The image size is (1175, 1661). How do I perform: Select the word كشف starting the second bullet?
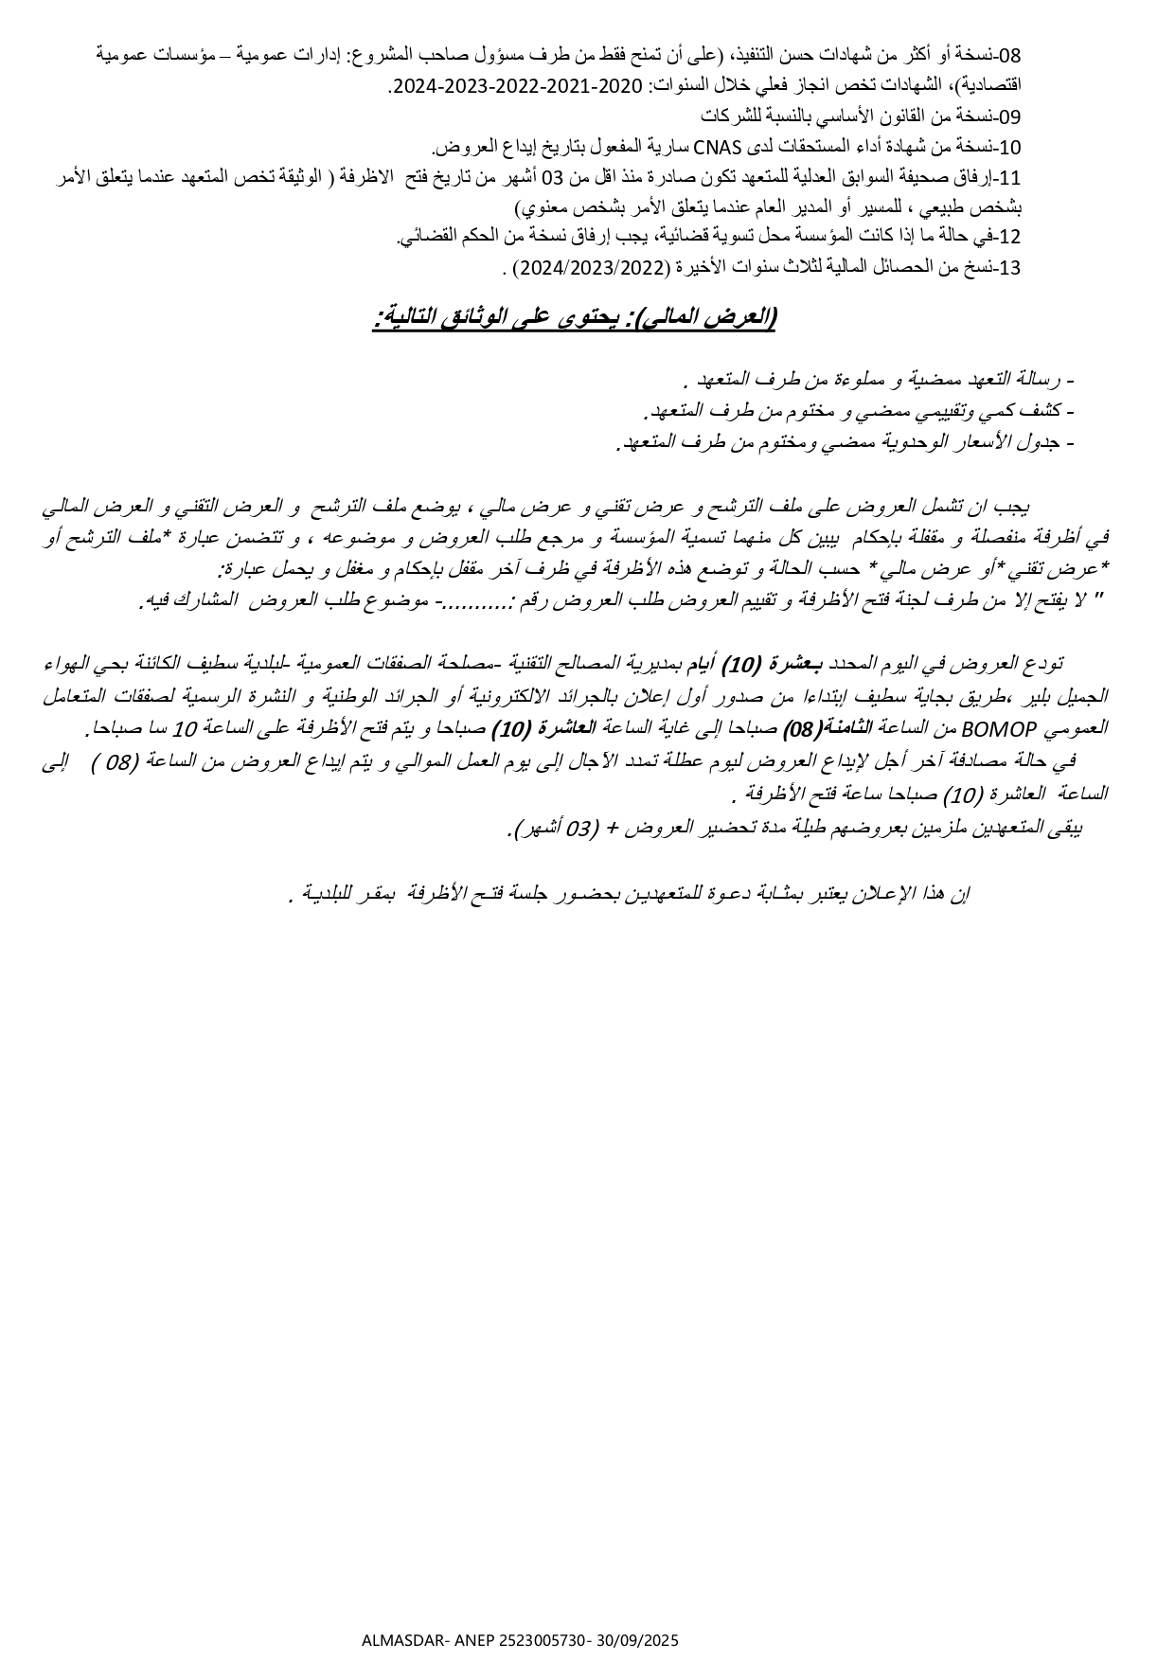point(1040,411)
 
